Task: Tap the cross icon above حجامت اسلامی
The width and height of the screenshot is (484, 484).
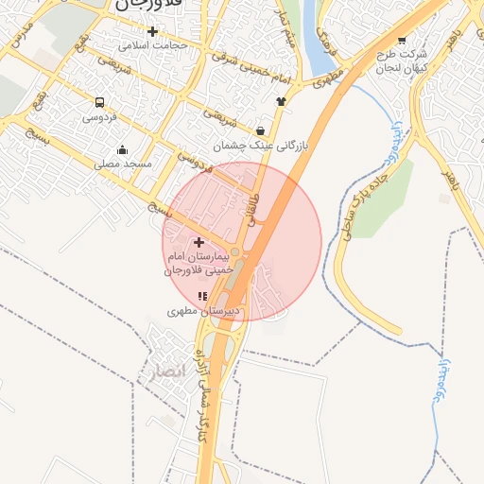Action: pyautogui.click(x=152, y=31)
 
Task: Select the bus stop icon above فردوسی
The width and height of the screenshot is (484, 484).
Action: pyautogui.click(x=99, y=102)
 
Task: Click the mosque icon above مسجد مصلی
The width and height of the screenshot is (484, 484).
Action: pyautogui.click(x=122, y=149)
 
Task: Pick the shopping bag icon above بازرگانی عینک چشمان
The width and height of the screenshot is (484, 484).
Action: pyautogui.click(x=261, y=130)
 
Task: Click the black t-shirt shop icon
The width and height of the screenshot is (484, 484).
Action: pyautogui.click(x=281, y=100)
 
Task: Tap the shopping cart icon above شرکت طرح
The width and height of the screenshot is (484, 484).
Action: pyautogui.click(x=403, y=41)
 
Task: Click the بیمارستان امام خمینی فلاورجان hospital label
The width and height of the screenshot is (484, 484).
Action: pyautogui.click(x=199, y=264)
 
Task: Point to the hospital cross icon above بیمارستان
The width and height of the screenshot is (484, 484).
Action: pyautogui.click(x=199, y=243)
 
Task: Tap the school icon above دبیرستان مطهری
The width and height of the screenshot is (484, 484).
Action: pyautogui.click(x=203, y=297)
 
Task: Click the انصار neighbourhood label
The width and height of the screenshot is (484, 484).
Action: pyautogui.click(x=159, y=371)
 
